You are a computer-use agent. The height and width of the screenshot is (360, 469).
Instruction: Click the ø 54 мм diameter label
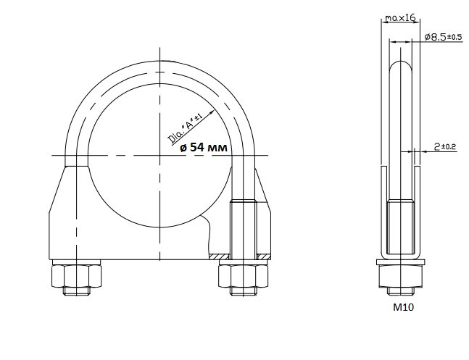point(204,147)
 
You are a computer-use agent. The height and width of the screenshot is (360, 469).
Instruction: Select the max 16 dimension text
point(400,18)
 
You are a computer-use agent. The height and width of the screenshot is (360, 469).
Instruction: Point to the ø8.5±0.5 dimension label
point(444,37)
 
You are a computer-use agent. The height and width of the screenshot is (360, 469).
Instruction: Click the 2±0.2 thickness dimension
point(445,146)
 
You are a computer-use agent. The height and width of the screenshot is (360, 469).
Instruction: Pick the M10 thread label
point(403,307)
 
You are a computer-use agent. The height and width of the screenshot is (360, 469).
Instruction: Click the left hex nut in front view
point(76,276)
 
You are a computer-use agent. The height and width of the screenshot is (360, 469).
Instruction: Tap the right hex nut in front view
point(243,276)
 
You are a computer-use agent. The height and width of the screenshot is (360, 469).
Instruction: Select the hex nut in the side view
point(401,276)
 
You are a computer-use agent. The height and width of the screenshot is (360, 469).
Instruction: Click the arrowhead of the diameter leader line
point(212,112)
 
